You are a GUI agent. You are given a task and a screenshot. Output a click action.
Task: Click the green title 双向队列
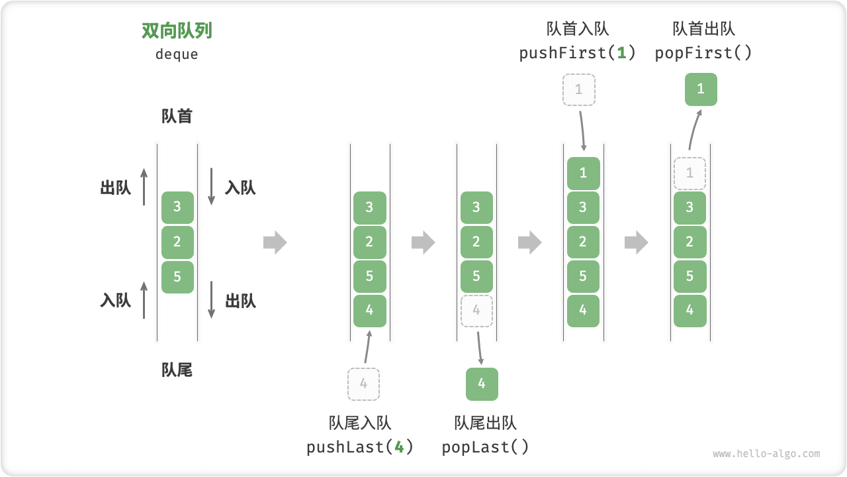pos(177,31)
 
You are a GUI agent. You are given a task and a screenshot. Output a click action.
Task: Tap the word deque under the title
pos(177,54)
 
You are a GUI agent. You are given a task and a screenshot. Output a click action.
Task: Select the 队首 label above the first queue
pos(177,117)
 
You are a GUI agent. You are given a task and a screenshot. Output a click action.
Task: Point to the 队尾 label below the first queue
pos(177,370)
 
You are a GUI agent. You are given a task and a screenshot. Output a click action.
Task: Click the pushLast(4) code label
pos(360,447)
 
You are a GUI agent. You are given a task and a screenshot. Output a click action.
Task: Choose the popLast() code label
pos(486,447)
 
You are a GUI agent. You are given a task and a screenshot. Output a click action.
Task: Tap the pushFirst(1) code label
pos(578,53)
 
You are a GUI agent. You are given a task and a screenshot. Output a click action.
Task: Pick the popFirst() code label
pos(703,53)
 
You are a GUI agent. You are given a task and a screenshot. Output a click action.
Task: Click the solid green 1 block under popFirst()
pos(701,89)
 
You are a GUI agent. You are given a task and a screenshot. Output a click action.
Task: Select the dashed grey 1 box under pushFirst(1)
pos(579,89)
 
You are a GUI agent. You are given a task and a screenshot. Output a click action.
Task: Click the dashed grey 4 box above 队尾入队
pos(363,384)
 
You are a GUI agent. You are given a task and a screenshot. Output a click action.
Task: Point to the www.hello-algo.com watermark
pos(766,454)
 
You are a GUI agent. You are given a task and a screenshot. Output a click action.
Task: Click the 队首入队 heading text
pos(578,28)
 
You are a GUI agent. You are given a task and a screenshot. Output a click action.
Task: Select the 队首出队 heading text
pos(703,28)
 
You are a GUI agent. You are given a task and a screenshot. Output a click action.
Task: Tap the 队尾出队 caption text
pos(486,423)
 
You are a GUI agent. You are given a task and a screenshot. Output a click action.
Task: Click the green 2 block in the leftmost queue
pos(177,242)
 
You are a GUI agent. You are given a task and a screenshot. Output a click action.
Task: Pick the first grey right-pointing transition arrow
pos(275,242)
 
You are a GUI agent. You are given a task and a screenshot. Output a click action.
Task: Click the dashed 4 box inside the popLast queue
pos(476,311)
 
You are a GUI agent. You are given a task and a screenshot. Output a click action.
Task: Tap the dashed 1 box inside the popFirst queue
pos(690,174)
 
